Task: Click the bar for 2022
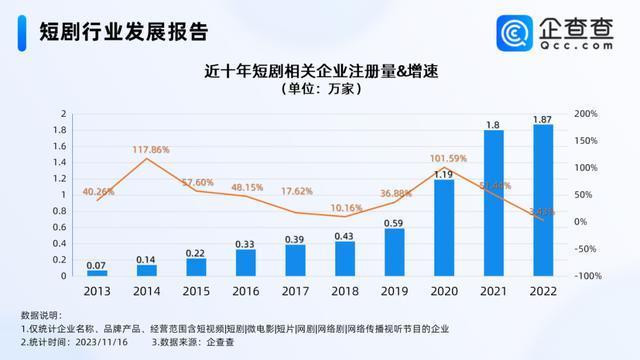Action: pos(542,200)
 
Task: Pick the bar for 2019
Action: pos(394,252)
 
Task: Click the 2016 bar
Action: pos(246,262)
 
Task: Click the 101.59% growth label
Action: pos(448,158)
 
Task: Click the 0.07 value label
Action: pos(96,266)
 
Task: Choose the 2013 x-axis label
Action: pos(96,291)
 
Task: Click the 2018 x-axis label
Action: pos(344,291)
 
